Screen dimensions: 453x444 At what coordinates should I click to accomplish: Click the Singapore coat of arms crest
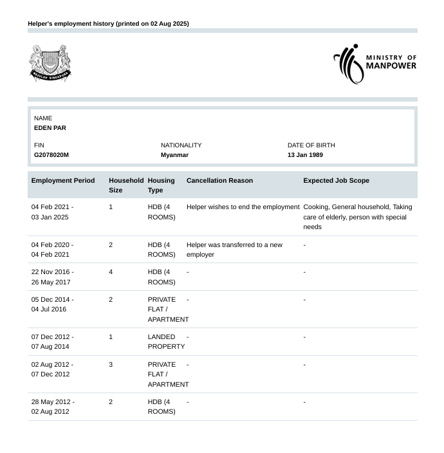click(x=50, y=63)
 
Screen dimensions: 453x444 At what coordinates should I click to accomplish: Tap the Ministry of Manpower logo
click(x=375, y=64)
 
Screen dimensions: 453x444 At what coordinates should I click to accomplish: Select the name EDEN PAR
click(x=50, y=128)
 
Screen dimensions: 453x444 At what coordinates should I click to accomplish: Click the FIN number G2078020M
click(x=51, y=155)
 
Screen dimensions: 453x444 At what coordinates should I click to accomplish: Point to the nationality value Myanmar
click(x=174, y=155)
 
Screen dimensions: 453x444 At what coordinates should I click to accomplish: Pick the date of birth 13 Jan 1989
click(x=305, y=155)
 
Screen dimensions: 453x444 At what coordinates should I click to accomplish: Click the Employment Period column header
click(x=63, y=181)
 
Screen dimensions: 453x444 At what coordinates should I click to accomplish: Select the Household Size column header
click(x=125, y=185)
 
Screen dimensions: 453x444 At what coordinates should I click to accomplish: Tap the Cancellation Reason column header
click(x=219, y=181)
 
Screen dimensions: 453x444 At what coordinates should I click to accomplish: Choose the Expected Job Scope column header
click(x=336, y=181)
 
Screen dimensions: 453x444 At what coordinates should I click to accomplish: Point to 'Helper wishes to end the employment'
click(x=243, y=207)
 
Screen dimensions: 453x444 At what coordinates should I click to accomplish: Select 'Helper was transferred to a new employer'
click(x=234, y=250)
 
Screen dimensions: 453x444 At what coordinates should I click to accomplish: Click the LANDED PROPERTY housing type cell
click(x=166, y=342)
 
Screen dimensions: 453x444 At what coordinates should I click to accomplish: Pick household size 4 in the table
click(x=111, y=272)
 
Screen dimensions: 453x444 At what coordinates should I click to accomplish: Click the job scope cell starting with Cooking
click(x=357, y=217)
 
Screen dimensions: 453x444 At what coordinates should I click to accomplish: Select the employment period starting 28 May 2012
click(x=52, y=407)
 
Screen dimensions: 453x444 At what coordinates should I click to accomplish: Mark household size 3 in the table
click(x=111, y=365)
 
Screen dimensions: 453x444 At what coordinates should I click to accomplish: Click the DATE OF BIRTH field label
click(x=311, y=145)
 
